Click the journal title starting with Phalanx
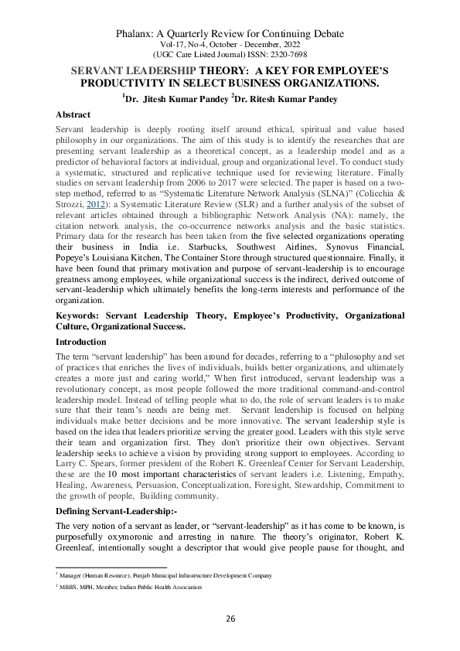(230, 34)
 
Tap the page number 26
(230, 619)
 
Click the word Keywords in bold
(80, 315)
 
